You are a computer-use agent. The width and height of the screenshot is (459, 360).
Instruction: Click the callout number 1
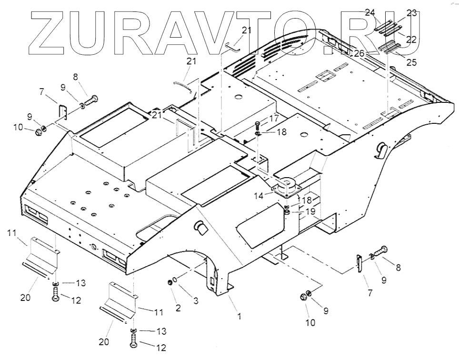coord(239,316)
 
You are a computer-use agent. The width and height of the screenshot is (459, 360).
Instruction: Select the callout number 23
coord(411,13)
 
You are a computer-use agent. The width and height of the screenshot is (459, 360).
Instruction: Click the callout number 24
coord(370,13)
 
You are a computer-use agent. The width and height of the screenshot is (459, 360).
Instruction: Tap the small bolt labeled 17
coord(258,126)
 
